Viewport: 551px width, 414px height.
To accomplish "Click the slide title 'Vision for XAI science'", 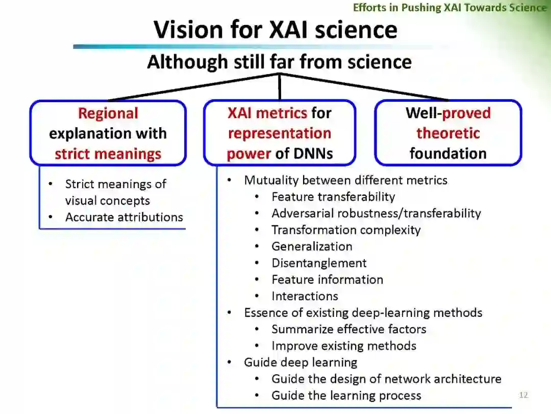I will [275, 29].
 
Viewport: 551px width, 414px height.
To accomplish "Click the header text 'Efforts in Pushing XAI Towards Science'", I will [449, 7].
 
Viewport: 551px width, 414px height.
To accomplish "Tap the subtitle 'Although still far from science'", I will [279, 62].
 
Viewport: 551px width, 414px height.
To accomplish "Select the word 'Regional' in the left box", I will [108, 113].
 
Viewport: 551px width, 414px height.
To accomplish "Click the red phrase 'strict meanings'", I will [108, 154].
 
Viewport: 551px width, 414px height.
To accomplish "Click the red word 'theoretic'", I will [448, 133].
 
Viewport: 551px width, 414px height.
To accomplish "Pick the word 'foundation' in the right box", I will [448, 154].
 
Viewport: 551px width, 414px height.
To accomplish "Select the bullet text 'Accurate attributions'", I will [124, 217].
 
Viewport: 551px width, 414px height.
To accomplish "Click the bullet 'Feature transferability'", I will [333, 197].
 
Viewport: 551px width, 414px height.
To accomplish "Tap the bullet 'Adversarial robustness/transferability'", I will [376, 213].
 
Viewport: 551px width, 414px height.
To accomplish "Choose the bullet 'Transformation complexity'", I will [346, 230].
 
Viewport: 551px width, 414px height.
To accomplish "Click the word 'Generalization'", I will [312, 246].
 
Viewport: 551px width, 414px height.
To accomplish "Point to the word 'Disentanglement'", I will [319, 263].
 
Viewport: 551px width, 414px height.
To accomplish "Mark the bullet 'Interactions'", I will [305, 296].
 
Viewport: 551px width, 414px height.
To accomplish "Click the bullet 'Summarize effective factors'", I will [348, 329].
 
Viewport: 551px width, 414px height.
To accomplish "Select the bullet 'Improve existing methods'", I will [343, 346].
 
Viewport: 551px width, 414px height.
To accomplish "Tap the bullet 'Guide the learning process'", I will [346, 395].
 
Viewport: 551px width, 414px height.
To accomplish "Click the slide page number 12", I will [523, 395].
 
